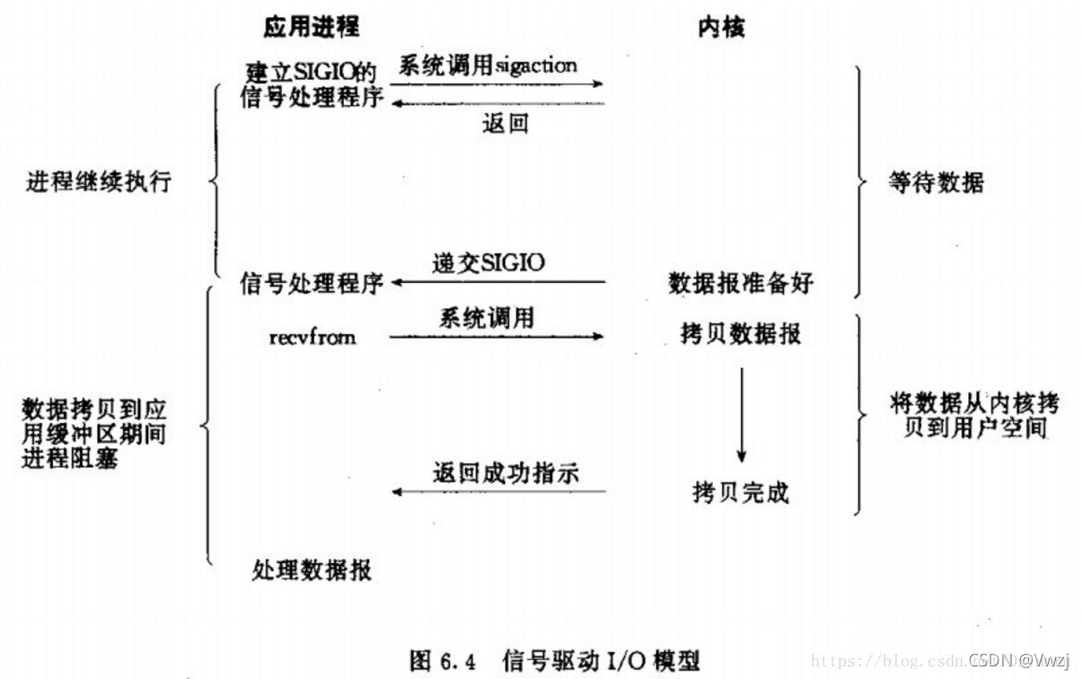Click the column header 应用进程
311,27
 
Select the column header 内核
721,28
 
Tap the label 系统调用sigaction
488,66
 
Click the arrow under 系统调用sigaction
497,84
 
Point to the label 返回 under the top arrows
505,124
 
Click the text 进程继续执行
99,182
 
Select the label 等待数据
936,183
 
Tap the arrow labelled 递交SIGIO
497,283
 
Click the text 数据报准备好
741,283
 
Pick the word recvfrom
312,337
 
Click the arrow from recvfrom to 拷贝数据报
497,337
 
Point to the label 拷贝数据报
741,334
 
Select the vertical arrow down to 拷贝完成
742,413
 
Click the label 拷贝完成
741,492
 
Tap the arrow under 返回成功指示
498,492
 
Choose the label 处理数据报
312,569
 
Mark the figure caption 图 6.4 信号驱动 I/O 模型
553,659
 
